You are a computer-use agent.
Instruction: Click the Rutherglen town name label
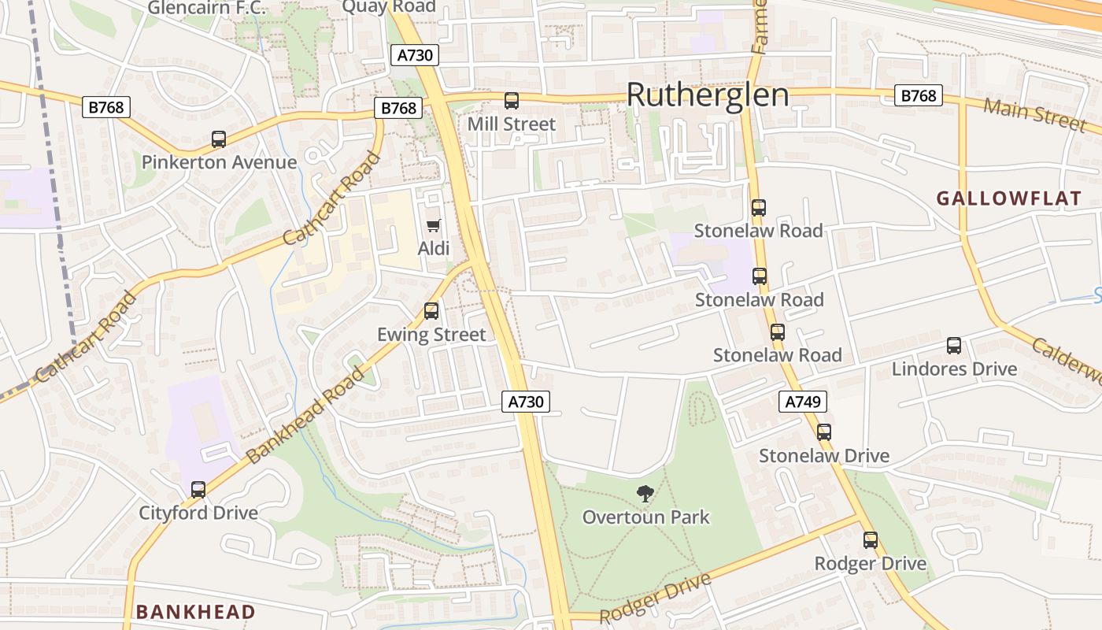pyautogui.click(x=708, y=95)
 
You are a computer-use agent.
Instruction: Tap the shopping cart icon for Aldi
pyautogui.click(x=433, y=226)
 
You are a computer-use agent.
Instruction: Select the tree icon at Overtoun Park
pyautogui.click(x=645, y=495)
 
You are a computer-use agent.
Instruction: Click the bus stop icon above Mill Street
pyautogui.click(x=512, y=101)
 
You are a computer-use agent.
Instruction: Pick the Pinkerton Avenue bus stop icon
pyautogui.click(x=219, y=139)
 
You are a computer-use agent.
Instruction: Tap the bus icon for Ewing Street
pyautogui.click(x=431, y=311)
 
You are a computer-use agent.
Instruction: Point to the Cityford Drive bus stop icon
pyautogui.click(x=198, y=490)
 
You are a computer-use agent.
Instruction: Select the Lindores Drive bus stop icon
pyautogui.click(x=954, y=346)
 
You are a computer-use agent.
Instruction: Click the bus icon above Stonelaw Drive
pyautogui.click(x=824, y=432)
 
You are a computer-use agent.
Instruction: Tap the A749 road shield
pyautogui.click(x=804, y=402)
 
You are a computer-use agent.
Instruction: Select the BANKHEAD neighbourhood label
pyautogui.click(x=195, y=612)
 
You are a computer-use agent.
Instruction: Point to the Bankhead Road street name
pyautogui.click(x=305, y=414)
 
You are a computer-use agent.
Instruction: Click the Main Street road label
pyautogui.click(x=1035, y=115)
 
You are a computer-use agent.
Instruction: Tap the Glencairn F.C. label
pyautogui.click(x=207, y=9)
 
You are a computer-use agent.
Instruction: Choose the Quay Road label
pyautogui.click(x=389, y=7)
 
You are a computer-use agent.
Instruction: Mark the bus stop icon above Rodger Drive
pyautogui.click(x=871, y=540)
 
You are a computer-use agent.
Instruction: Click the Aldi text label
pyautogui.click(x=433, y=249)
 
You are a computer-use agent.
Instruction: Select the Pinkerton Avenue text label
pyautogui.click(x=219, y=162)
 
